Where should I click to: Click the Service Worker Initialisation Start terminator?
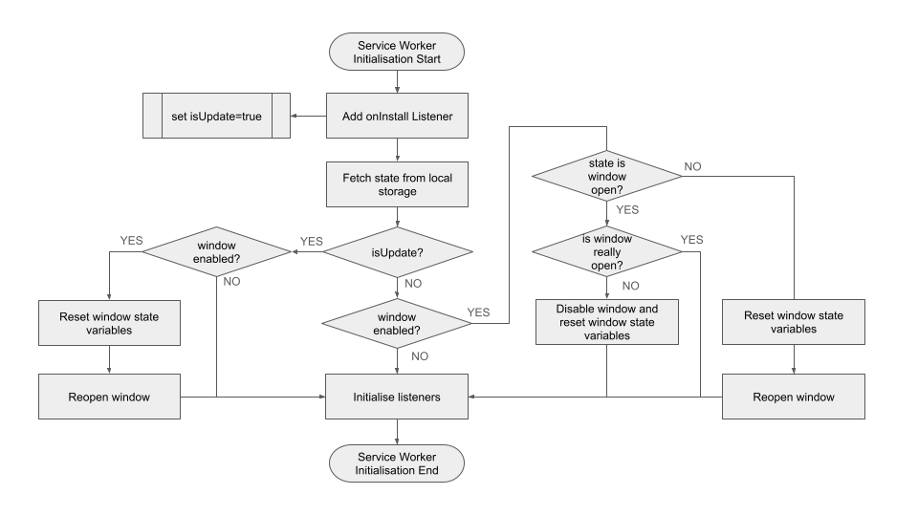pos(397,53)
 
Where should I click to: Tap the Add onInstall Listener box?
pos(397,117)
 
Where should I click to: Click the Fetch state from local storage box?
pos(397,184)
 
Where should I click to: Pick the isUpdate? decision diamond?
pos(397,252)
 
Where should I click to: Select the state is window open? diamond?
pos(606,175)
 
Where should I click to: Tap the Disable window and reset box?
pos(606,321)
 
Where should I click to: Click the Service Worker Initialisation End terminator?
pos(397,463)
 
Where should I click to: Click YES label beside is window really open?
pos(691,240)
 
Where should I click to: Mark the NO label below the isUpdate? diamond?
pos(414,285)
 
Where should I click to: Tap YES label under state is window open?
pos(627,210)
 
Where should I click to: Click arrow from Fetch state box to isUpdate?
pos(397,217)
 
